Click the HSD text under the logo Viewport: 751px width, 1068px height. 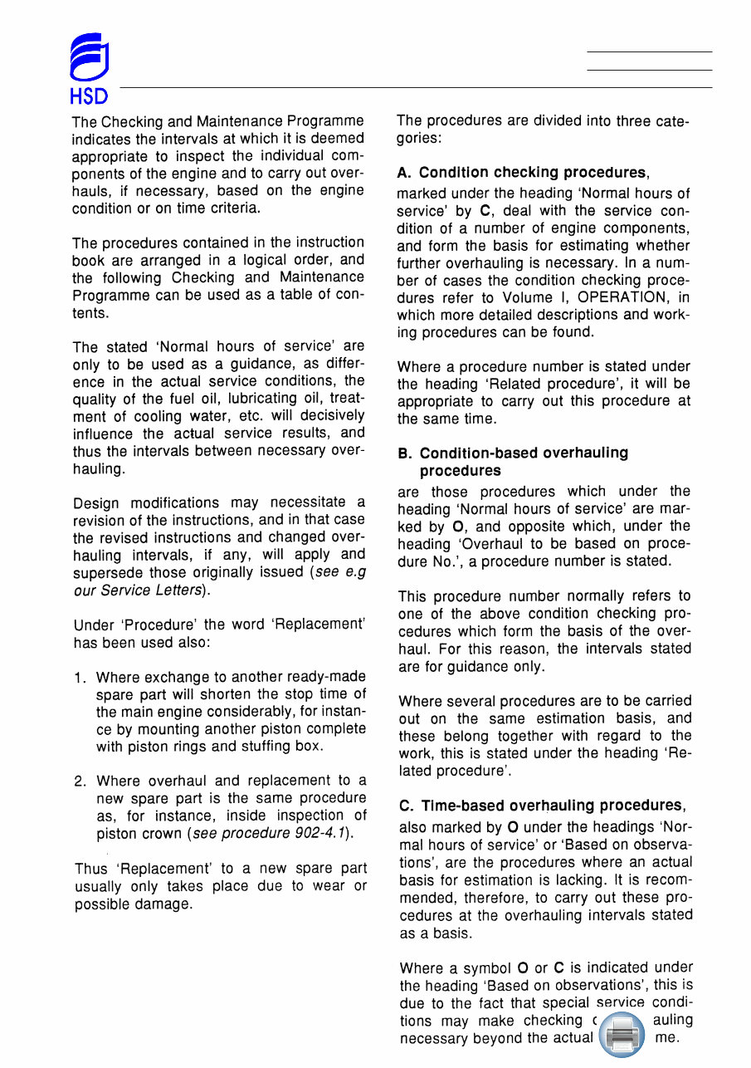pos(89,96)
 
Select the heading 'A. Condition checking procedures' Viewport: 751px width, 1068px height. pos(522,173)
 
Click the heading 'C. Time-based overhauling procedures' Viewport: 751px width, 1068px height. pos(541,806)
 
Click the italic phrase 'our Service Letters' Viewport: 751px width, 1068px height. pos(138,590)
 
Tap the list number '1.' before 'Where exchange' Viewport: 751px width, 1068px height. pos(80,679)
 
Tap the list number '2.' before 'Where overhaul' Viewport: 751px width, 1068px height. pos(80,781)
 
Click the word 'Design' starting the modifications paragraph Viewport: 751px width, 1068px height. pos(95,503)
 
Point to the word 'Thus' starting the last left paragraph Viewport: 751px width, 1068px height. pos(91,870)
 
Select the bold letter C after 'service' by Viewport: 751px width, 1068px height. pos(485,211)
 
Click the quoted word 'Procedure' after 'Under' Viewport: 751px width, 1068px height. pos(158,625)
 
